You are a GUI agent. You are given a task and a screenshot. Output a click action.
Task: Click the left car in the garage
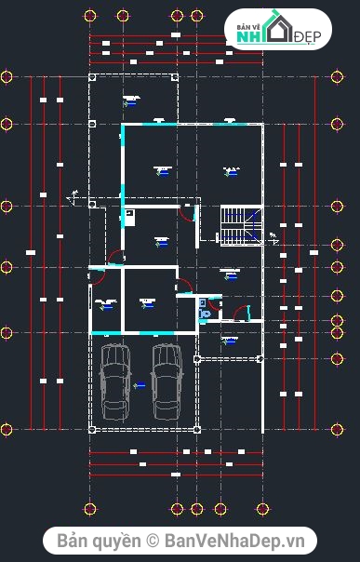click(x=114, y=381)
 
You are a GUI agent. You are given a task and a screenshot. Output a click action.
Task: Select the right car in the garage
click(x=167, y=381)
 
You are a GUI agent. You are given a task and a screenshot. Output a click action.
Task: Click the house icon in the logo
click(x=277, y=31)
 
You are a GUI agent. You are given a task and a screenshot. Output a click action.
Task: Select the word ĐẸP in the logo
click(x=307, y=36)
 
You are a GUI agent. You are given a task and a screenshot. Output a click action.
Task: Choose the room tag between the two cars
click(x=140, y=383)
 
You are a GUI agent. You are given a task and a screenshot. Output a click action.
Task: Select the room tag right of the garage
click(x=229, y=341)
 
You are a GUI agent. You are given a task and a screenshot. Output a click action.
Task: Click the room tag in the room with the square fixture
click(x=161, y=242)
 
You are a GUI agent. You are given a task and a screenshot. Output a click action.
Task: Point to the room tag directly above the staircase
click(x=230, y=170)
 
